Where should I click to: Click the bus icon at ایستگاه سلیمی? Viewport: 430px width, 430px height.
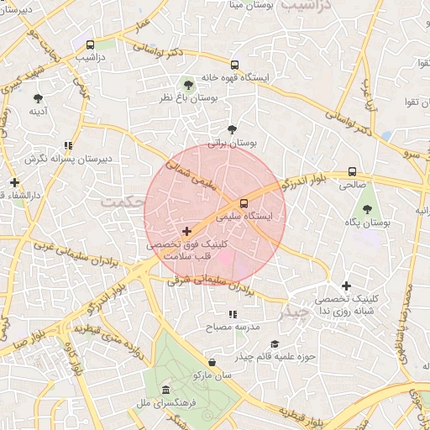pyautogui.click(x=244, y=202)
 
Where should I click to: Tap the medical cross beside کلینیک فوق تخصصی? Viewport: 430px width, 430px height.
pyautogui.click(x=186, y=230)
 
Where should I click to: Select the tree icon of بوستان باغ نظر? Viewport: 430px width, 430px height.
pyautogui.click(x=186, y=84)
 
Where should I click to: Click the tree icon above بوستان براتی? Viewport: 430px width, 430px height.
pyautogui.click(x=233, y=129)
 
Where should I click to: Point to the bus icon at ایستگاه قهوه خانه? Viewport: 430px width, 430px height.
pyautogui.click(x=234, y=64)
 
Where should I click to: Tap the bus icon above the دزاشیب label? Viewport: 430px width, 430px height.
pyautogui.click(x=90, y=45)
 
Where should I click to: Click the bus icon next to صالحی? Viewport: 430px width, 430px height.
pyautogui.click(x=351, y=172)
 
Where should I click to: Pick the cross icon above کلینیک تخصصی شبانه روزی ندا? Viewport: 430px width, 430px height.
pyautogui.click(x=345, y=286)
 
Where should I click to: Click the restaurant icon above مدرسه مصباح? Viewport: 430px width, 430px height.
pyautogui.click(x=233, y=314)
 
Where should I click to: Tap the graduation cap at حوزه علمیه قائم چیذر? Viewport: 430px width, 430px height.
pyautogui.click(x=275, y=343)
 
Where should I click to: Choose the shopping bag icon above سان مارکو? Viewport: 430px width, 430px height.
pyautogui.click(x=212, y=362)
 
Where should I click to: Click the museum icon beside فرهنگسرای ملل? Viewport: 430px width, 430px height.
pyautogui.click(x=165, y=391)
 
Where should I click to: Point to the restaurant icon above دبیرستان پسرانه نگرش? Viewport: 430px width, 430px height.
pyautogui.click(x=68, y=145)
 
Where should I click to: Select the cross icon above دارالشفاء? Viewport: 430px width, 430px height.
pyautogui.click(x=14, y=182)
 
